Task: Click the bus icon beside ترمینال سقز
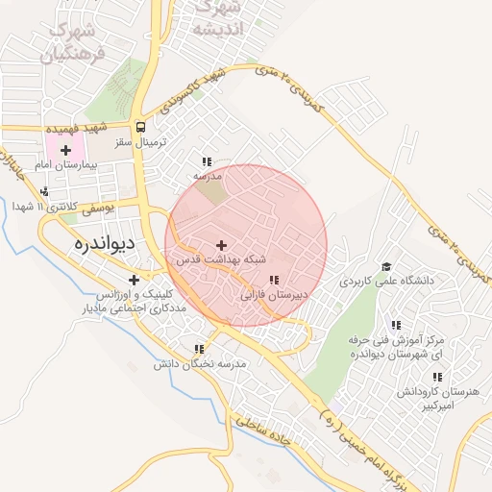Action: click(141, 127)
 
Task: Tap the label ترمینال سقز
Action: click(141, 141)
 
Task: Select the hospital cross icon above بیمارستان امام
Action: click(65, 150)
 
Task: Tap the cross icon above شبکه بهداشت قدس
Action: click(223, 246)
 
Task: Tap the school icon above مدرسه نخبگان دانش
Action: click(199, 350)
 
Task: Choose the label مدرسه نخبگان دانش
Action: click(201, 365)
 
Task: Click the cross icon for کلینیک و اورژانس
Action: click(134, 280)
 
